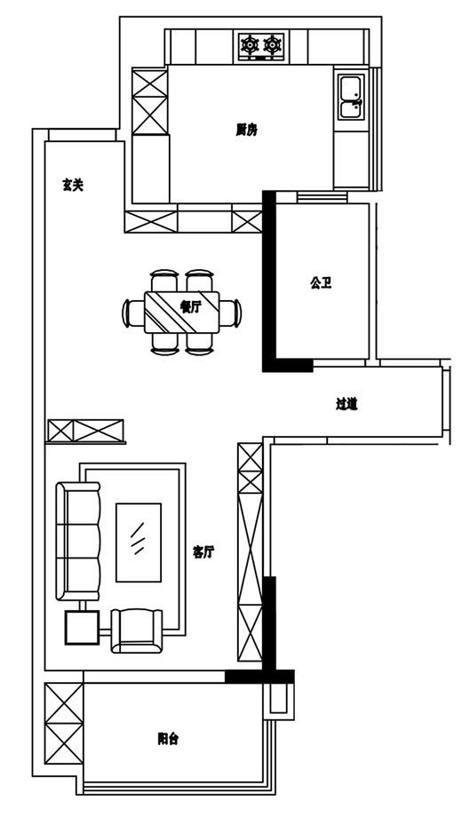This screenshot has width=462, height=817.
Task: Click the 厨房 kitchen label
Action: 246,130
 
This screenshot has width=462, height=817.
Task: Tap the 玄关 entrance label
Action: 73,185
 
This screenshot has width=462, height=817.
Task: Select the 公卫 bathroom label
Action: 322,283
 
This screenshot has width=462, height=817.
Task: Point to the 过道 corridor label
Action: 346,404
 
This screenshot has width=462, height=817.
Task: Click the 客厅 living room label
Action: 203,552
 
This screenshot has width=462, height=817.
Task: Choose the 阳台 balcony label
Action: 168,738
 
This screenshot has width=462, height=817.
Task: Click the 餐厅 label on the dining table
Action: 190,307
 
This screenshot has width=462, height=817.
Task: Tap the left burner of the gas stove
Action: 251,44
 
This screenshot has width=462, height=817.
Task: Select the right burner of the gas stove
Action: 273,44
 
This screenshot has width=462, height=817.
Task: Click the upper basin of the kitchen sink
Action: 350,88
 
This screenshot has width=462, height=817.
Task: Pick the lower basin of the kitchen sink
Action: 350,109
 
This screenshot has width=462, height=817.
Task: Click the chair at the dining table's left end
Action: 133,313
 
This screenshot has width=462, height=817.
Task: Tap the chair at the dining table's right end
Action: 230,313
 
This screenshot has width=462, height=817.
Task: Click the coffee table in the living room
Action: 139,543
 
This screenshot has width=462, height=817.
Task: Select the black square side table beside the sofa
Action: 82,627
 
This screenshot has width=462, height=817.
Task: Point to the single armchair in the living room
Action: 137,631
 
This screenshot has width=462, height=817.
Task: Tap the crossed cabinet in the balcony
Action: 64,724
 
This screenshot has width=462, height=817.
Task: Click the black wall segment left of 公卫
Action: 269,282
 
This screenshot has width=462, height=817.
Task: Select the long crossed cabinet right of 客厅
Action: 251,552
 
